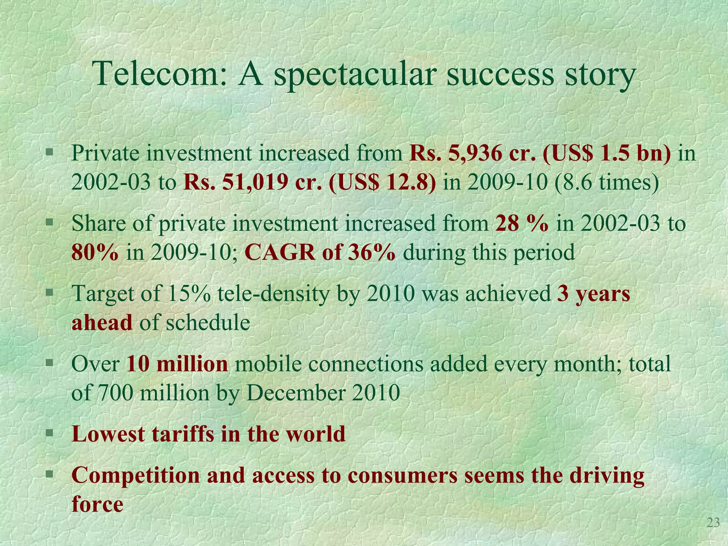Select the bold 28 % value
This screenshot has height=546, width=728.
(521, 224)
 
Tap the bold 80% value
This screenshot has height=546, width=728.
(95, 252)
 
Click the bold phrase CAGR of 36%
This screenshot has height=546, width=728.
(320, 252)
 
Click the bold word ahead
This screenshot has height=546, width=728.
(102, 322)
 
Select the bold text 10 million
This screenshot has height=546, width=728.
(177, 364)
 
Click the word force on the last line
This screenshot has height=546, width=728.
(97, 504)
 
